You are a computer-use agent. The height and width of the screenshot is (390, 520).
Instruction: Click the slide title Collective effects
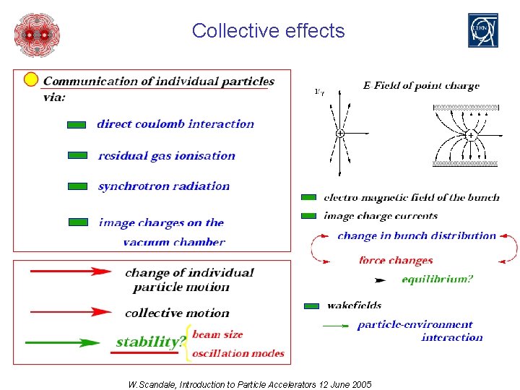[268, 31]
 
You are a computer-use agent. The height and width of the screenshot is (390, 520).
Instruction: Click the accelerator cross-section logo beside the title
[37, 34]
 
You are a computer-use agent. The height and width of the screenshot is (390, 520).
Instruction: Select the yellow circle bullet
[31, 79]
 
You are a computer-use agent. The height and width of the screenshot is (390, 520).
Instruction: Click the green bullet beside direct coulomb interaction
[77, 125]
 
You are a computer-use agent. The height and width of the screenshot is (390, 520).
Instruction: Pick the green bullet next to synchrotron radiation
[77, 186]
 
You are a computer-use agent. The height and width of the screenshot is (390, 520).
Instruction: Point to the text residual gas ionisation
[167, 155]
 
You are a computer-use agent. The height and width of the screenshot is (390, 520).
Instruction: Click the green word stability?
[151, 342]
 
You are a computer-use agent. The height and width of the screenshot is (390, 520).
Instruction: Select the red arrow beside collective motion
[71, 312]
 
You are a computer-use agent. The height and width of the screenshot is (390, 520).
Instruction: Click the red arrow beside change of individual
[71, 272]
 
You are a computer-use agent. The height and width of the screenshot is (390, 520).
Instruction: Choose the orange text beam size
[217, 334]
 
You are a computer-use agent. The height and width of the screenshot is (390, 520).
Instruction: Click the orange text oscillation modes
[238, 353]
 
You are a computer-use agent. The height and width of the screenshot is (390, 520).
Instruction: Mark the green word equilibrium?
[437, 279]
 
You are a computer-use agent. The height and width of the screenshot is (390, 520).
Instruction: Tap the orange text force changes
[396, 260]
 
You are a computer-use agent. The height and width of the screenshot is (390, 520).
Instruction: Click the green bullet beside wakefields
[311, 306]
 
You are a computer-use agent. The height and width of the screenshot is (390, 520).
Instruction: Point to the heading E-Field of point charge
[420, 86]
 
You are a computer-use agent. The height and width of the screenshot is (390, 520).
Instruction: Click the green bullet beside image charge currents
[308, 216]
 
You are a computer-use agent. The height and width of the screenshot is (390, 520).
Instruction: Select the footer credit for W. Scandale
[249, 384]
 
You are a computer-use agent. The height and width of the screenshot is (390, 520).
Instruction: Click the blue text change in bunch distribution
[417, 235]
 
